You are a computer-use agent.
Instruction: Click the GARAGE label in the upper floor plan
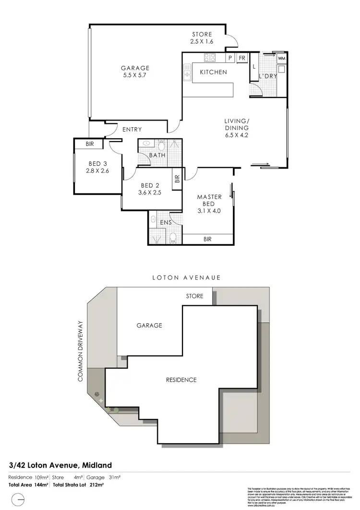(135, 68)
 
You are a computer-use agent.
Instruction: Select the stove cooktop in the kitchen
(210, 58)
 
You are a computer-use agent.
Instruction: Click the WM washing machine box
(282, 59)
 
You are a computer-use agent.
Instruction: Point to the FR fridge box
(242, 58)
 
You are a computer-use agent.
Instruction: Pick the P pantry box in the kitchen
(230, 58)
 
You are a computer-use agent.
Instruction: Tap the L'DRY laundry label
(266, 76)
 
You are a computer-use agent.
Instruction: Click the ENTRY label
(132, 129)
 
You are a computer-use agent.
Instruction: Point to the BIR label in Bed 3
(90, 144)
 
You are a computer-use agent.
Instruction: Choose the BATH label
(157, 155)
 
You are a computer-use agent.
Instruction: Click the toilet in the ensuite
(172, 237)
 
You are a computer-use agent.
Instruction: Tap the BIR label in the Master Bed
(208, 239)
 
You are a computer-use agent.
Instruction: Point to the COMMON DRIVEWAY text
(81, 351)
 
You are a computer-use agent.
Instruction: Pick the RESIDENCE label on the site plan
(181, 380)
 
